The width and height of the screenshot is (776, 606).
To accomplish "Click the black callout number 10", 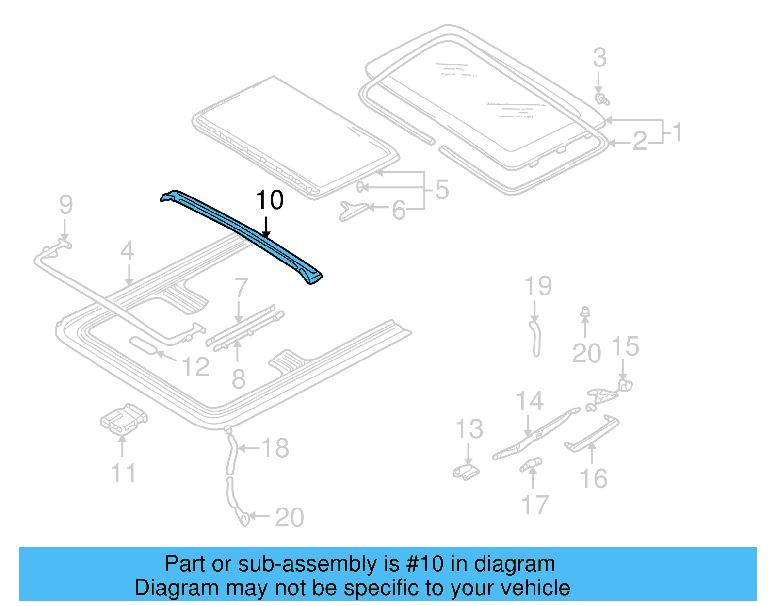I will click(x=270, y=200).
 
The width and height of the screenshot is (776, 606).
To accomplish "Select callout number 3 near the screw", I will click(x=599, y=58).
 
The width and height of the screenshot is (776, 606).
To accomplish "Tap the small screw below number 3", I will click(x=602, y=99).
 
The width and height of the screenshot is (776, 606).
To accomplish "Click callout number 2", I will click(x=640, y=142).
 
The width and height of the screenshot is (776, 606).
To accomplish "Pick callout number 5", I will click(x=442, y=189).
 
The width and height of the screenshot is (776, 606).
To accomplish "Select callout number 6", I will click(x=399, y=211).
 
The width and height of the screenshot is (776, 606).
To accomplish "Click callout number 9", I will click(x=66, y=205).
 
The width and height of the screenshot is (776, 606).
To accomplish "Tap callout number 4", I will click(x=127, y=251).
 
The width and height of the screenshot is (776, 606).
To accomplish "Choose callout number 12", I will click(x=195, y=367).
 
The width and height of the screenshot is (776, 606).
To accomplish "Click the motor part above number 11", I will click(x=124, y=418).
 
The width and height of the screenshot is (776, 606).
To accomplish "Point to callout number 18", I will click(x=275, y=448).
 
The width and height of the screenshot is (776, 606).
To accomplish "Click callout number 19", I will click(x=538, y=286).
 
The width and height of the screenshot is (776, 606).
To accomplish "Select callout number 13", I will click(x=469, y=429).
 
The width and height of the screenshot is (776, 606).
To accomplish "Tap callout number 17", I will click(x=534, y=505).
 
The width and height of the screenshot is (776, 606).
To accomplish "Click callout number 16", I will click(x=594, y=479).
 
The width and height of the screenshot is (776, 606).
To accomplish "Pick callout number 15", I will click(x=625, y=347).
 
